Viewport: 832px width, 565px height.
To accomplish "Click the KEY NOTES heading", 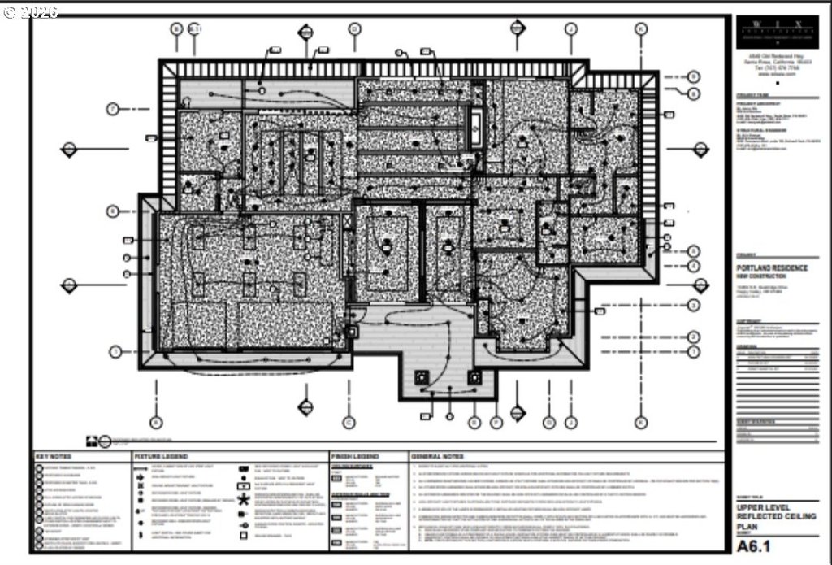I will click(54, 457).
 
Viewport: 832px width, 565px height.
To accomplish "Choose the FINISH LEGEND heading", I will click(355, 457).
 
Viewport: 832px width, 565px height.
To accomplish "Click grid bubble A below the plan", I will click(156, 422).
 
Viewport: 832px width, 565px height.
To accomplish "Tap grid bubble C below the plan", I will click(349, 422).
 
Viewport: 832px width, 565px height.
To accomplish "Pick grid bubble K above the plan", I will click(640, 28).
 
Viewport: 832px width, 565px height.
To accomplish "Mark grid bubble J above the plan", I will click(571, 28).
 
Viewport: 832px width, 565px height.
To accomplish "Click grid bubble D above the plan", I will click(354, 28).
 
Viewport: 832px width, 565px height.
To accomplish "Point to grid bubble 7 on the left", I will click(113, 108).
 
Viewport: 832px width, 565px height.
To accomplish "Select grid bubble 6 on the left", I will click(113, 211).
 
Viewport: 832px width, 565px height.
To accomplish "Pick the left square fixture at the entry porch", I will click(422, 377).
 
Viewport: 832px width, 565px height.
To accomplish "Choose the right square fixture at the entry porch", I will click(474, 377).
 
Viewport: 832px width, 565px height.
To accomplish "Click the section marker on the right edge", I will click(700, 149).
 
